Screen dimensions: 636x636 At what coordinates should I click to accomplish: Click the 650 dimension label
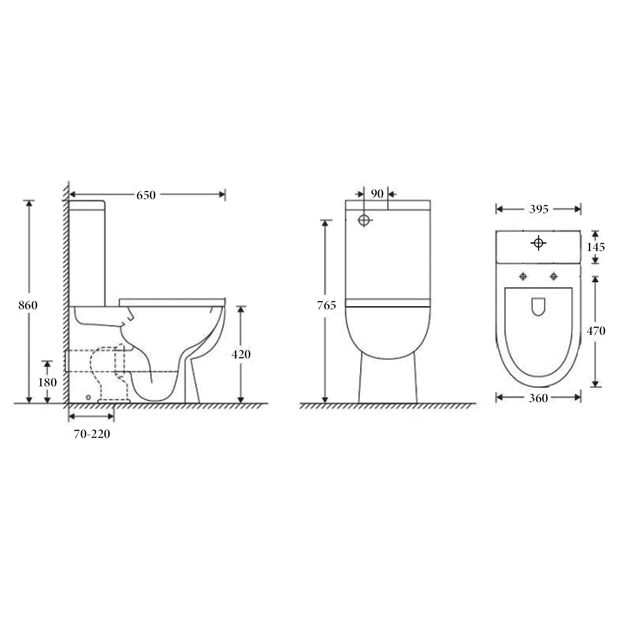coord(146,195)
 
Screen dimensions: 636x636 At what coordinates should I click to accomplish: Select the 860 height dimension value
coord(28,305)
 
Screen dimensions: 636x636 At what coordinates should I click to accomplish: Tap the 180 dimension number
coord(47,382)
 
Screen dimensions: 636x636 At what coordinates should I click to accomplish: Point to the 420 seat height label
coord(241,354)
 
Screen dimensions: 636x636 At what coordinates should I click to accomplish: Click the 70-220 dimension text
coord(92,434)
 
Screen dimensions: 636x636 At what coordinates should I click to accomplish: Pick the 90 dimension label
coord(377,194)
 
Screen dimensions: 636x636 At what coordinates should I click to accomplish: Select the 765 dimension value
coord(326,305)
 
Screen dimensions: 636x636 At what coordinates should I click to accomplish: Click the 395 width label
coord(539,209)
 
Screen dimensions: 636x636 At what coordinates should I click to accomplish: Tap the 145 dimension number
coord(596,247)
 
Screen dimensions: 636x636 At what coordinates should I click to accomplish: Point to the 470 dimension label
coord(596,331)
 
